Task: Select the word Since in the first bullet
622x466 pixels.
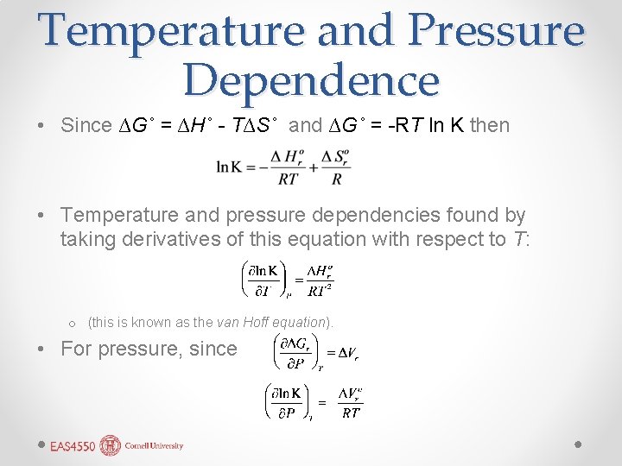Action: point(86,125)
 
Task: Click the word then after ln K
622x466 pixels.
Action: point(490,125)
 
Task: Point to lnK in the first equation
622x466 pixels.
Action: point(230,167)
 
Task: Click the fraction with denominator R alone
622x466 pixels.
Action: point(336,167)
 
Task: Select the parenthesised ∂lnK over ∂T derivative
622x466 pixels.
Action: point(260,279)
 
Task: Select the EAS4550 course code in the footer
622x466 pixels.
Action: point(72,446)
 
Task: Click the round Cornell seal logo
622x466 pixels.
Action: point(110,445)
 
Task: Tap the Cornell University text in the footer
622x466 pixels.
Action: point(154,446)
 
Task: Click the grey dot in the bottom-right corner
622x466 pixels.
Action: point(579,444)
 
